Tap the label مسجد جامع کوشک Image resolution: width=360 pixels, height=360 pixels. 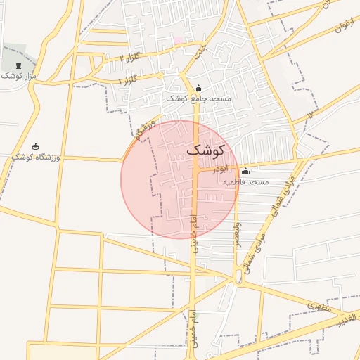coord(198,99)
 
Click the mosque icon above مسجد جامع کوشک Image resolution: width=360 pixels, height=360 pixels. coord(198,89)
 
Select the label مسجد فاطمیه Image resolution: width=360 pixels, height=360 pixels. coord(246,182)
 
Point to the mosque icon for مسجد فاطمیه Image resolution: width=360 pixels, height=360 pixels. coord(245,172)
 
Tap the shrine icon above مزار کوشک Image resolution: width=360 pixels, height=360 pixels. coord(18,65)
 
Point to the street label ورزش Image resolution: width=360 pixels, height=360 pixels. coord(142,128)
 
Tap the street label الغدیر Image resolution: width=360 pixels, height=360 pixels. coord(349,320)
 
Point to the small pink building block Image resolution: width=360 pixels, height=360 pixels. coord(179,40)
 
